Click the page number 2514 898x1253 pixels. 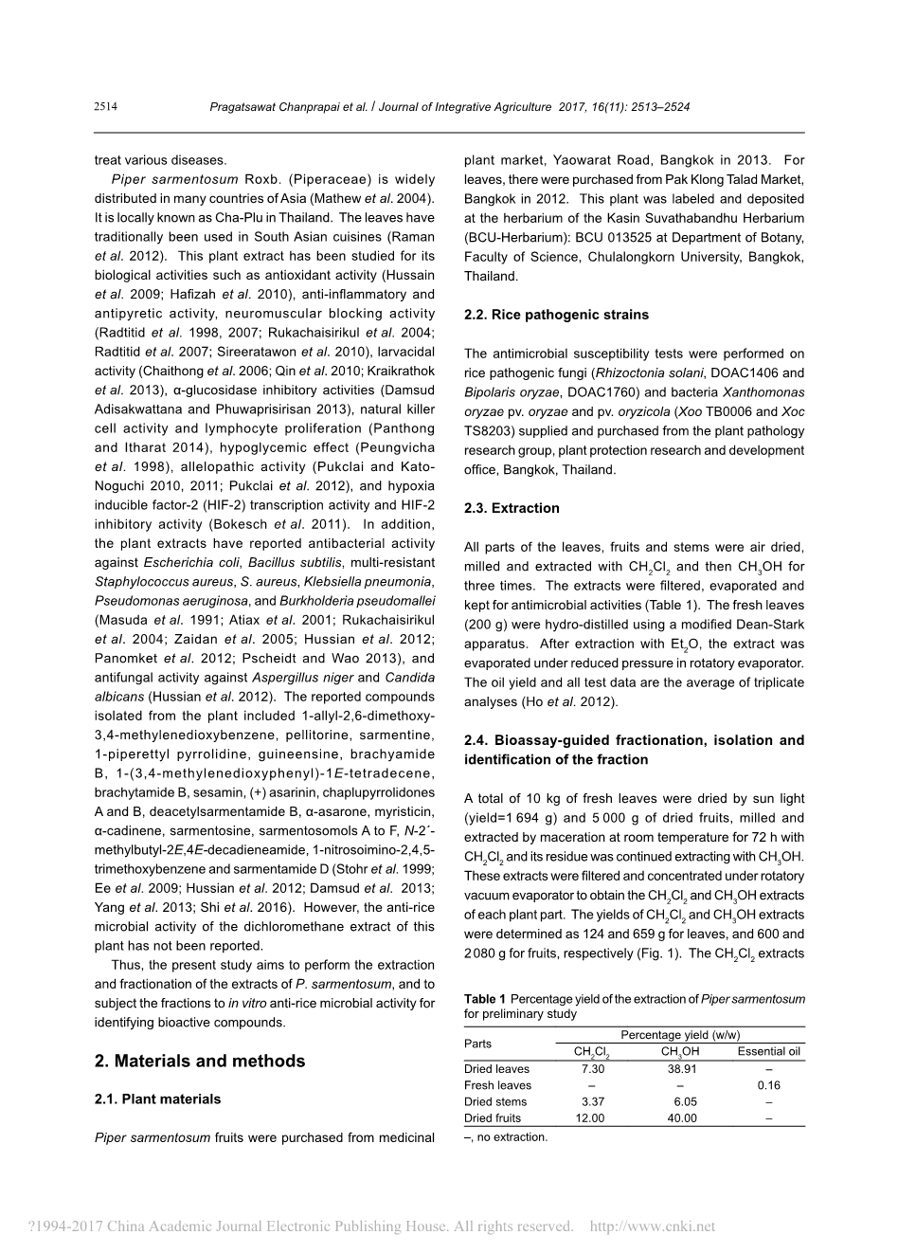point(105,107)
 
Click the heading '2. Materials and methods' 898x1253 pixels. point(200,1061)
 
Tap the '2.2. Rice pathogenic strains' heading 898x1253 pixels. point(556,315)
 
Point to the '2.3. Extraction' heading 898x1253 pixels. point(512,508)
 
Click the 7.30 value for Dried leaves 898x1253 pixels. point(592,1069)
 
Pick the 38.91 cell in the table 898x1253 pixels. point(681,1069)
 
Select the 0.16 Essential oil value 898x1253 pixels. point(768,1085)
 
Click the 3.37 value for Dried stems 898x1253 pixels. point(592,1101)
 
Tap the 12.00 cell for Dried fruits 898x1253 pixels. point(589,1118)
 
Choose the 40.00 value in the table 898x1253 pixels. point(681,1118)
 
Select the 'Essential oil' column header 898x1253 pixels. point(768,1051)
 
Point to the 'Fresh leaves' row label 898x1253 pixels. point(497,1085)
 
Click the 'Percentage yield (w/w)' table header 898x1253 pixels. point(679,1035)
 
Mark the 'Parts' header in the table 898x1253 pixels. point(477,1044)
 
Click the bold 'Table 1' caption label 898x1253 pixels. point(484,999)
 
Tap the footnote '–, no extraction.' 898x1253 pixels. point(505,1137)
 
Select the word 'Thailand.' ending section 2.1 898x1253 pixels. point(491,276)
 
